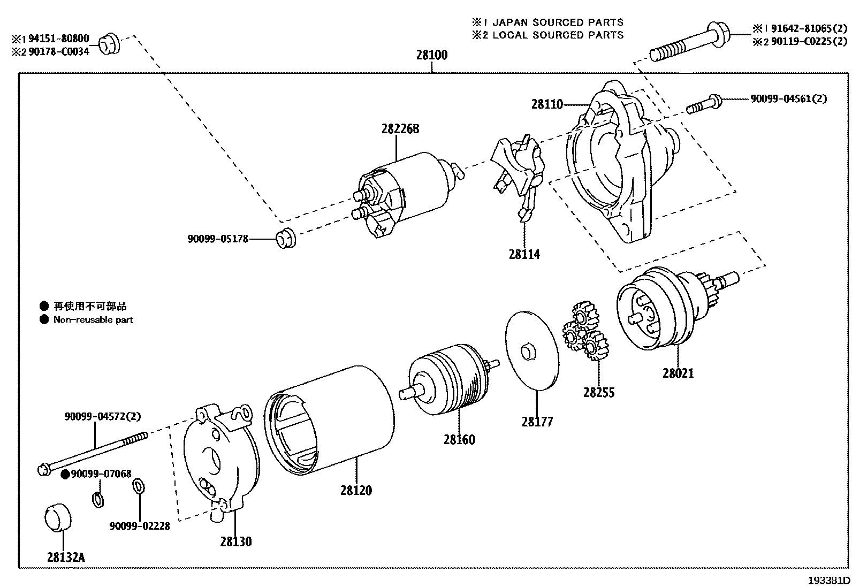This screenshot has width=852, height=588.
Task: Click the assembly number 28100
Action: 432,55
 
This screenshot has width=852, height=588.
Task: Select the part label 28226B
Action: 400,129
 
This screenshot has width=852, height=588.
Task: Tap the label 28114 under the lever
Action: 524,255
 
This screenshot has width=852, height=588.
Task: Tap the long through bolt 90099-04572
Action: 94,453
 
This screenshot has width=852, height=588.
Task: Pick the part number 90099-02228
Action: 140,526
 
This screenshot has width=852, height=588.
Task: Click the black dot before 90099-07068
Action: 65,474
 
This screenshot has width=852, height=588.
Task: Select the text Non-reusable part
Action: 93,320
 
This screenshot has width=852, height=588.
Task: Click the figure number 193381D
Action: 829,580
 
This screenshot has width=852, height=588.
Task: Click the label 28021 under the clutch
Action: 678,373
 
